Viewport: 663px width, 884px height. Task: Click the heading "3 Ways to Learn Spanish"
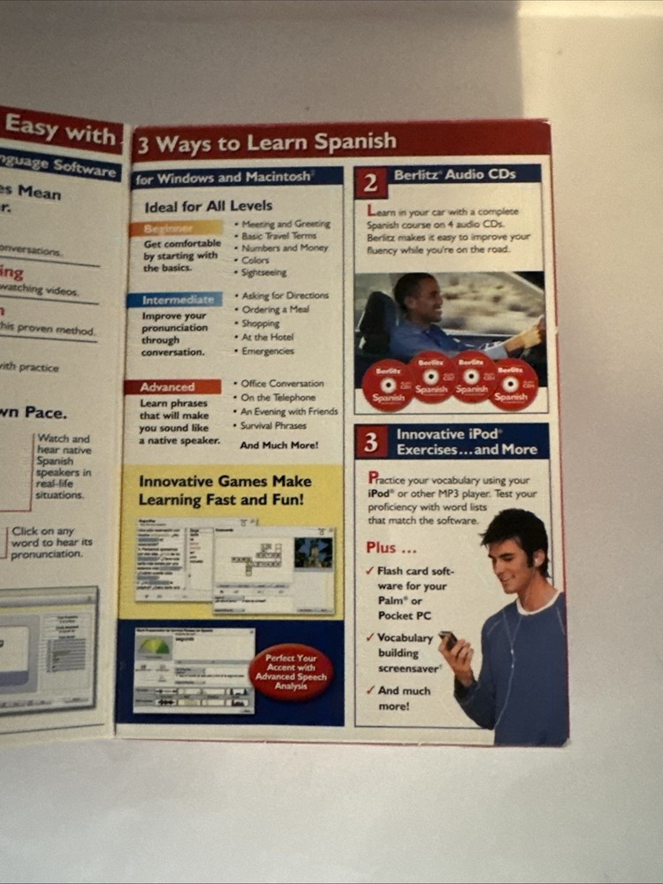(x=265, y=142)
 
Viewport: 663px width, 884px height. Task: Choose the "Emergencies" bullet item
(x=268, y=351)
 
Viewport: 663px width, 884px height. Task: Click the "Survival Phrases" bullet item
(x=274, y=425)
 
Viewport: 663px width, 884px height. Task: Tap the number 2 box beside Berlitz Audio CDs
(x=370, y=182)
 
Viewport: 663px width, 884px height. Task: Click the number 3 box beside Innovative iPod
(x=371, y=442)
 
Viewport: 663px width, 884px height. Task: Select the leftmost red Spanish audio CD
(x=387, y=385)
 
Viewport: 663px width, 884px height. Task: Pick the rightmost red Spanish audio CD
(x=513, y=385)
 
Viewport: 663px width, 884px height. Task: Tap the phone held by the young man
(x=448, y=638)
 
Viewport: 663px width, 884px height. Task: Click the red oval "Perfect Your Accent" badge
(x=292, y=672)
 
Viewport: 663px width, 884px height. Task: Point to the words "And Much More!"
(x=278, y=446)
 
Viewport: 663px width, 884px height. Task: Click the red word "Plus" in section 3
(x=381, y=547)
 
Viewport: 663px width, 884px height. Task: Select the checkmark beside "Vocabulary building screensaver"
(x=370, y=637)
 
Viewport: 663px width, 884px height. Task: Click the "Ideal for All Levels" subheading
(x=208, y=206)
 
